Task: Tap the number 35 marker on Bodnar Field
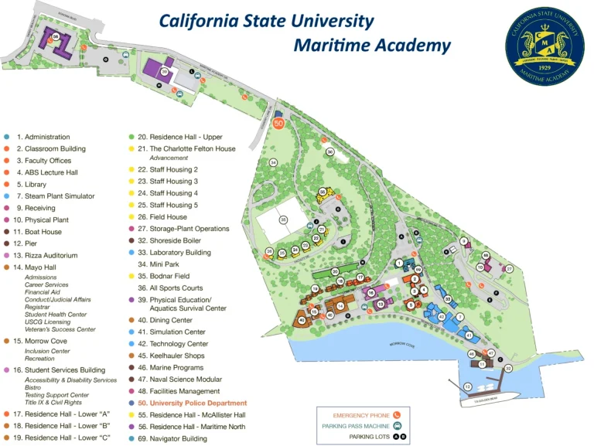pos(284,220)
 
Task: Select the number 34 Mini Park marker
pos(273,162)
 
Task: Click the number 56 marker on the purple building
pos(56,36)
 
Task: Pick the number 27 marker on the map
pos(510,268)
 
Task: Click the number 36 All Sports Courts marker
pos(330,152)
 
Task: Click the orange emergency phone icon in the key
pos(398,415)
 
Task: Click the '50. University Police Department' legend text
pos(193,403)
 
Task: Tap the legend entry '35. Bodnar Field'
pos(171,275)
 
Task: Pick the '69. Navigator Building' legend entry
pos(178,438)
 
